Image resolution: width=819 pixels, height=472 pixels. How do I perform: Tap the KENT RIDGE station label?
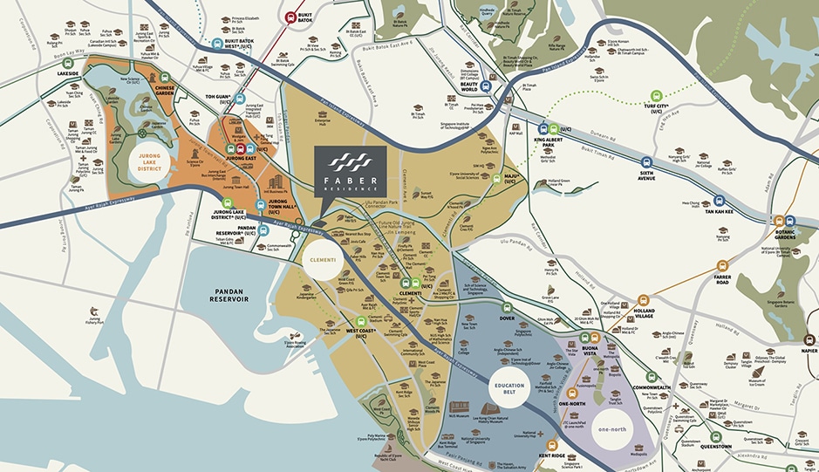pyautogui.click(x=551, y=455)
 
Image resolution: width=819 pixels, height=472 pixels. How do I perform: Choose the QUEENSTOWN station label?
pyautogui.click(x=716, y=446)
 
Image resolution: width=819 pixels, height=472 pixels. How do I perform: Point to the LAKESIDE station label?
pyautogui.click(x=68, y=74)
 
